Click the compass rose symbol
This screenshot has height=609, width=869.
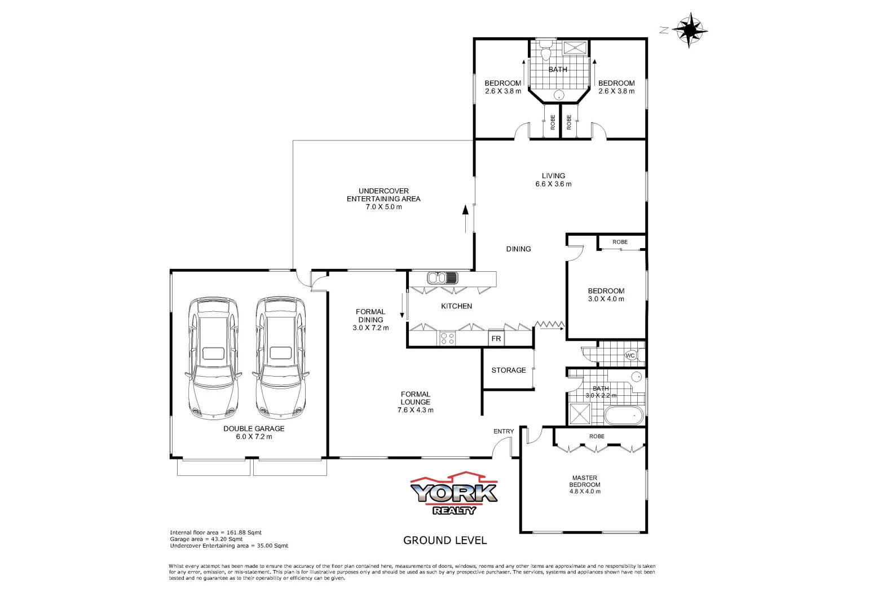(x=689, y=29)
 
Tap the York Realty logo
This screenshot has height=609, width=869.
(x=454, y=494)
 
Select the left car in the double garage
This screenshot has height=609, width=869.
(x=213, y=358)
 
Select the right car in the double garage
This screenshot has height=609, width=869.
(x=280, y=358)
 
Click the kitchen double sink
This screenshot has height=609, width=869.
(x=443, y=278)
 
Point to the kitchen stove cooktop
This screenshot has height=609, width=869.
(x=447, y=338)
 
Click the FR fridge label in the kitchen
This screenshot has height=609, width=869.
(x=496, y=338)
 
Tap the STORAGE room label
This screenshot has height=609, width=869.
(x=508, y=370)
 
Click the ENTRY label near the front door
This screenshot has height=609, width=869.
(x=504, y=431)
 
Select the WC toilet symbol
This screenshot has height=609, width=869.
(x=630, y=355)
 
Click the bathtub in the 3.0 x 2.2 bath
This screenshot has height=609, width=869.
(x=623, y=416)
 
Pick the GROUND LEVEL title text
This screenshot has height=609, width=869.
(x=445, y=540)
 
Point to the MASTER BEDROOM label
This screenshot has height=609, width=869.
(x=585, y=482)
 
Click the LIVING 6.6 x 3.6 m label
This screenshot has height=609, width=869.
(x=553, y=180)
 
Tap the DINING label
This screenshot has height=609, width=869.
(x=518, y=249)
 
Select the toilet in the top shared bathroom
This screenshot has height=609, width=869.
(x=545, y=50)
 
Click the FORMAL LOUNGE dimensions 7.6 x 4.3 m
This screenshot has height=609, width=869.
(x=416, y=410)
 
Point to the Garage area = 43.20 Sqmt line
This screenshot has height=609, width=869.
(x=206, y=539)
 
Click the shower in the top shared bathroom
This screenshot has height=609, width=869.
(x=575, y=47)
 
